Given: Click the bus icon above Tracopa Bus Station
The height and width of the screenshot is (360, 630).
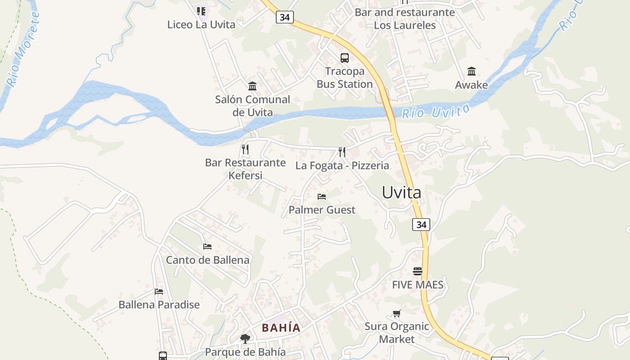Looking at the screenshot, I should point(344,58).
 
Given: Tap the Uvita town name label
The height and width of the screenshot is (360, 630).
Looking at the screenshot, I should point(401,193).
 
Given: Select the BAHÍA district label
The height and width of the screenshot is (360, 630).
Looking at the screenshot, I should point(281,328).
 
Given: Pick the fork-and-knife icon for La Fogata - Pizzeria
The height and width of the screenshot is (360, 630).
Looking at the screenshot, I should point(342,152).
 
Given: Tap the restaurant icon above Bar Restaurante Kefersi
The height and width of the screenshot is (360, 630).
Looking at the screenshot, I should point(245,149).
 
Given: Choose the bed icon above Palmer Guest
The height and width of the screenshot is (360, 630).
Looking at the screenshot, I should point(321,197).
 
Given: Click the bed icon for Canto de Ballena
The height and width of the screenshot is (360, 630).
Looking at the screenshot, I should point(207,247).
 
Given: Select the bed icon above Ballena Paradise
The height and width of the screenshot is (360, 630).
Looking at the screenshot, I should point(158,292).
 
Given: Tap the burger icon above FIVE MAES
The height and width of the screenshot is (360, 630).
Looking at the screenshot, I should point(418,271).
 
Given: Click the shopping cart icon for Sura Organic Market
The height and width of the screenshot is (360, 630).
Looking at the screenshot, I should point(396,314).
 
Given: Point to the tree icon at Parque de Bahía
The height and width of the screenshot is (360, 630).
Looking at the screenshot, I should point(245,339).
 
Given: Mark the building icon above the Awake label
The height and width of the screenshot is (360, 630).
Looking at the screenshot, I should point(471,72).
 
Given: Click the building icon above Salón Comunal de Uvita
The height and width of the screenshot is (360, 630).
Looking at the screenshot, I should point(252,86).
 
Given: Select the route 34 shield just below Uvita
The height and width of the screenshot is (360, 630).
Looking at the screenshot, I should point(421,224).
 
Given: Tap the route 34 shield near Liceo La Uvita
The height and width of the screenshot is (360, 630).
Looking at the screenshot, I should point(284,17).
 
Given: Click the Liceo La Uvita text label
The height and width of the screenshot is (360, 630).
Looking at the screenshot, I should point(201,25).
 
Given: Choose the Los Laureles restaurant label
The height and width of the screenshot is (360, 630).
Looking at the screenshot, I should point(405,19).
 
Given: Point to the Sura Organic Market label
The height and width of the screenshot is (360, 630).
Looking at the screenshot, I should point(396,333).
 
